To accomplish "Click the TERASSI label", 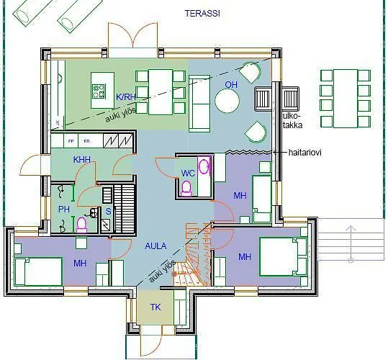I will (x=202, y=14).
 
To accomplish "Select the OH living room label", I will (x=231, y=84).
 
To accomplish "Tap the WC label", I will (x=188, y=174).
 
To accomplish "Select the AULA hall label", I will (x=155, y=246).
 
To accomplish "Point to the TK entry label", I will (x=155, y=307).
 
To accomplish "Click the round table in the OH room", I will (x=231, y=101).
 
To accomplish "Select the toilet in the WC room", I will (x=188, y=189).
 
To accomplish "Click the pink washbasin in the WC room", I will (x=205, y=166).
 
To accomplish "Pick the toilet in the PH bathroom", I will (x=81, y=225).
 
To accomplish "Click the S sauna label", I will (x=108, y=211).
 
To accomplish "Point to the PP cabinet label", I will (x=71, y=141).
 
